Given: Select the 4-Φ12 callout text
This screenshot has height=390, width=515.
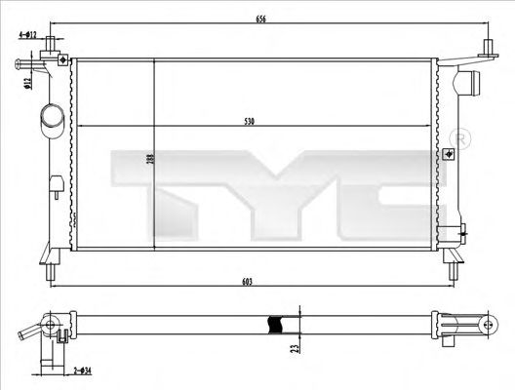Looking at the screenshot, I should (x=27, y=35).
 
